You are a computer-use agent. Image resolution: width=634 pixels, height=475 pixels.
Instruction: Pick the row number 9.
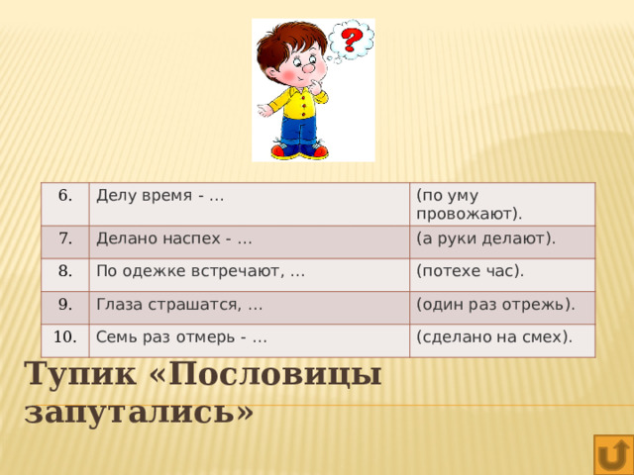click(63, 305)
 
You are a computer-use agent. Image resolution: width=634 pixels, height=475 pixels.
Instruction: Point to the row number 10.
click(65, 336)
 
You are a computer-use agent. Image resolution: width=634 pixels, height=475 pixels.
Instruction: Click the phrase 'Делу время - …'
click(158, 195)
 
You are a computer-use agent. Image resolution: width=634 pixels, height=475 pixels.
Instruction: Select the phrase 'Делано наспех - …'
click(172, 237)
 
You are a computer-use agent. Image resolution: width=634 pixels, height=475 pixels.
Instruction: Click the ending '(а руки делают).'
click(485, 237)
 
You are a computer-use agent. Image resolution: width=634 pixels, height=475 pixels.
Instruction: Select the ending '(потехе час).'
click(471, 270)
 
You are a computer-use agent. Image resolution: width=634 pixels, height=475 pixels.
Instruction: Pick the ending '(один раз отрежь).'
click(495, 303)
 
